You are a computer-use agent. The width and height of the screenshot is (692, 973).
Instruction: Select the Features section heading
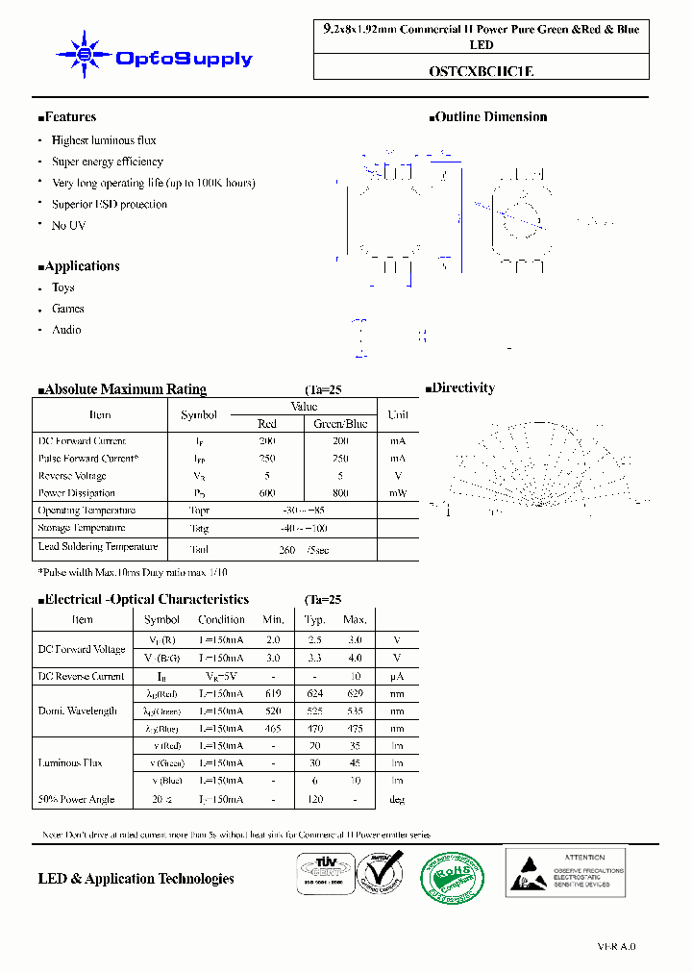pyautogui.click(x=67, y=117)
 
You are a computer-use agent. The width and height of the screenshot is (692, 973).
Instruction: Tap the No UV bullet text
pyautogui.click(x=68, y=225)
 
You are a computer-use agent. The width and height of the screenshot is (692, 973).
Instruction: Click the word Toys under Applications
pyautogui.click(x=63, y=287)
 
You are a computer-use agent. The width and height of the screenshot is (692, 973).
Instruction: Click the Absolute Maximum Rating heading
pyautogui.click(x=122, y=389)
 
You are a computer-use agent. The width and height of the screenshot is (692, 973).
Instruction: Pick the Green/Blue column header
pyautogui.click(x=340, y=424)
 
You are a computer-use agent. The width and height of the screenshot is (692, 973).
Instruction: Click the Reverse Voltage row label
pyautogui.click(x=72, y=476)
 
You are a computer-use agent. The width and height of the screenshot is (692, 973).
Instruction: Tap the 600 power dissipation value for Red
pyautogui.click(x=267, y=493)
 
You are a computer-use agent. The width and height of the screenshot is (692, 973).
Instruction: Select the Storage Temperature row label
pyautogui.click(x=82, y=528)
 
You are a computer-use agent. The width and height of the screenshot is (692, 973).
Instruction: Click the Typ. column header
pyautogui.click(x=314, y=620)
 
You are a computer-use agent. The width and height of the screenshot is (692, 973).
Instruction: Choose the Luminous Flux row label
pyautogui.click(x=69, y=763)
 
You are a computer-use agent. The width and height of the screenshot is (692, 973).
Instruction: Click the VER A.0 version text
pyautogui.click(x=616, y=947)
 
